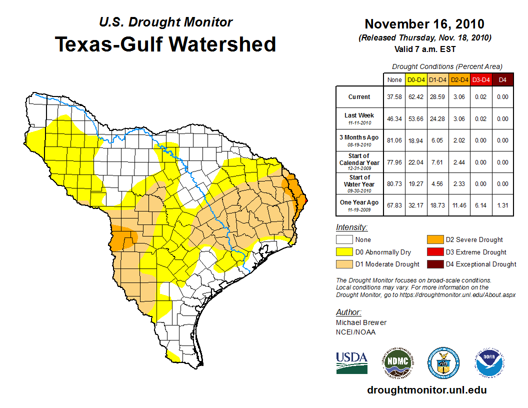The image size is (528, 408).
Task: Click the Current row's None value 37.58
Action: [x=394, y=97]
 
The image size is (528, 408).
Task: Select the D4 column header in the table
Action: [x=502, y=79]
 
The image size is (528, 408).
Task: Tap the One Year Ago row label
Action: [x=359, y=204]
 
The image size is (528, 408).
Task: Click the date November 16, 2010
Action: [x=424, y=24]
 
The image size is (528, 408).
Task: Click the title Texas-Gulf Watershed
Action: [x=165, y=44]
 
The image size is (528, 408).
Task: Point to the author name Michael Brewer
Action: [x=361, y=322]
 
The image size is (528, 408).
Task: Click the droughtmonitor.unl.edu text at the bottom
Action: [x=426, y=390]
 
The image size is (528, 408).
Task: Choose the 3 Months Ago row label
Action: [x=359, y=139]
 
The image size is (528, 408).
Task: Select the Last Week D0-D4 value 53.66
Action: [x=416, y=119]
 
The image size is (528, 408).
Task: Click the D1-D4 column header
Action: [x=437, y=79]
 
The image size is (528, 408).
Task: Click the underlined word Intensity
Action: [x=351, y=227]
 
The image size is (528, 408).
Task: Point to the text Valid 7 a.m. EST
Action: [x=424, y=48]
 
